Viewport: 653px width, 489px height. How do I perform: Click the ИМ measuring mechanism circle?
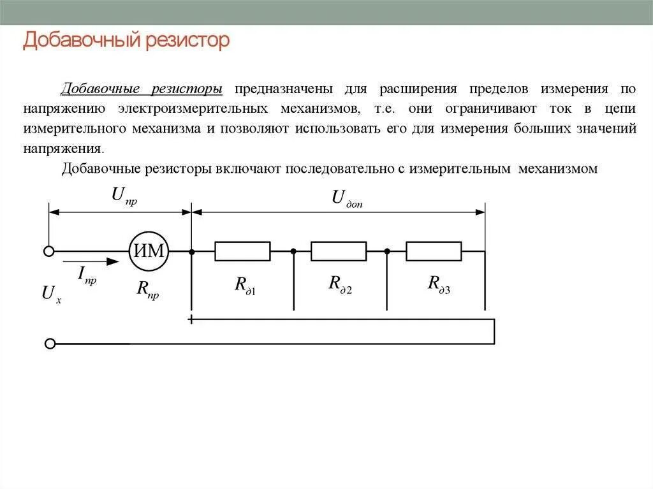tap(149, 251)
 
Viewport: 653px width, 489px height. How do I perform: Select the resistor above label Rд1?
tap(242, 251)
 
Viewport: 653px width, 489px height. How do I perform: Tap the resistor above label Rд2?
tap(339, 251)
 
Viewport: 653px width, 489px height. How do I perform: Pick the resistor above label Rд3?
tap(434, 251)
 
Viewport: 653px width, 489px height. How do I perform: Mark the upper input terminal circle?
tap(49, 251)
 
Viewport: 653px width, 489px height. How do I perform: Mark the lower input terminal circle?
tap(50, 344)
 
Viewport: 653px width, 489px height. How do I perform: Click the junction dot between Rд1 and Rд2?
tap(293, 251)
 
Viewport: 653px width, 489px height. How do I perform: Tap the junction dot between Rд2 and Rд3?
tap(387, 251)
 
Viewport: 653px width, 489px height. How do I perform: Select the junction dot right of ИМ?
tap(191, 251)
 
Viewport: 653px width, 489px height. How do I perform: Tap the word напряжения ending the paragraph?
tap(62, 148)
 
